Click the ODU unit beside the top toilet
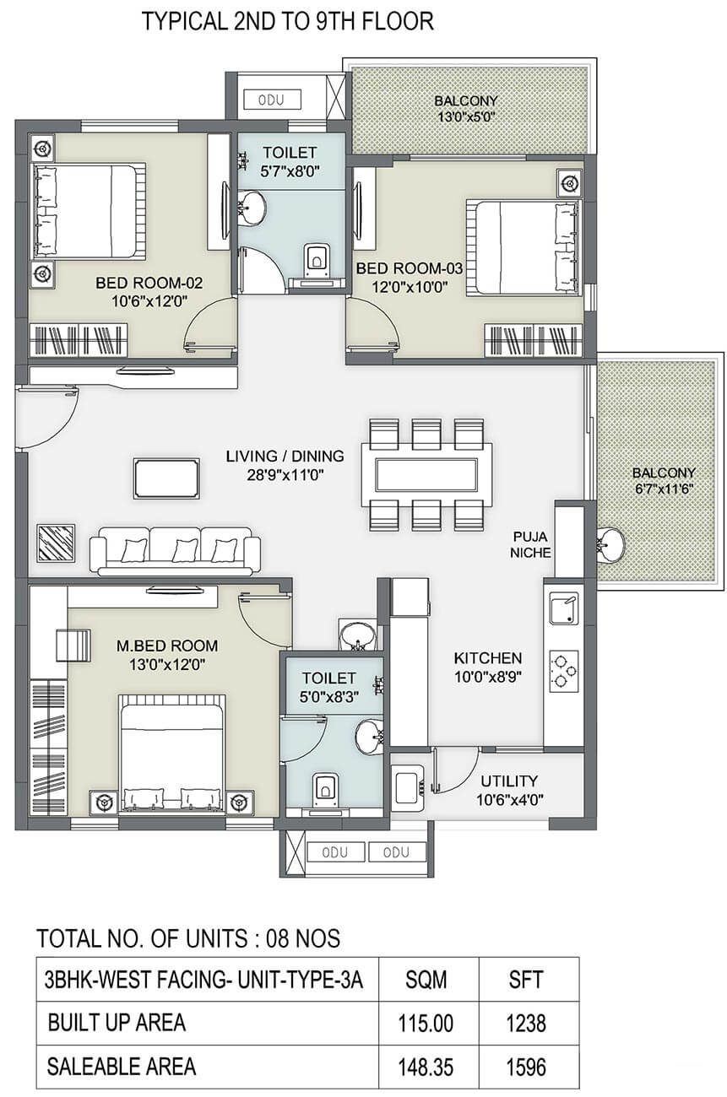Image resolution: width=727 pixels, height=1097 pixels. [272, 100]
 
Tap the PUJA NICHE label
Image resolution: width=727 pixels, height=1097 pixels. [530, 544]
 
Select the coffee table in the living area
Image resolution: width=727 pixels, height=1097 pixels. [166, 478]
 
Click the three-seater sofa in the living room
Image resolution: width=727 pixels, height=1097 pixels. [175, 550]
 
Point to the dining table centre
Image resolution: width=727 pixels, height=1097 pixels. [426, 474]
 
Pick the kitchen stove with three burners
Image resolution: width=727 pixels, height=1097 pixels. [563, 671]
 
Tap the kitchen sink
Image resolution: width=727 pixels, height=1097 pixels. [563, 608]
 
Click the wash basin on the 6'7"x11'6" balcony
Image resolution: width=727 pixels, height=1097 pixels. [610, 543]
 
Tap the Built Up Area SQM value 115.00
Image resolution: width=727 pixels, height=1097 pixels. [426, 1023]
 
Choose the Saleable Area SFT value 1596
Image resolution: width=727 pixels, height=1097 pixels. [526, 1067]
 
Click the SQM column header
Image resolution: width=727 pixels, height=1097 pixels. [426, 980]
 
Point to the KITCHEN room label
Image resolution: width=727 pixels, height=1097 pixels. [487, 657]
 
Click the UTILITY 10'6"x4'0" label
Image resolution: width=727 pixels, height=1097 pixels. [509, 790]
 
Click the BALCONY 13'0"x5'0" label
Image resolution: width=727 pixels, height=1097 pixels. [466, 109]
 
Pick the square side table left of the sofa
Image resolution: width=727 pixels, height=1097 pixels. [57, 543]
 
